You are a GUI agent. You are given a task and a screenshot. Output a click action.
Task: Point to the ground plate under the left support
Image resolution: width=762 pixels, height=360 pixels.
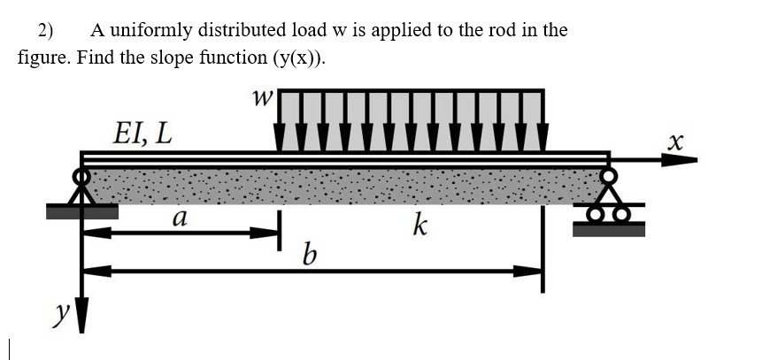[x=81, y=211]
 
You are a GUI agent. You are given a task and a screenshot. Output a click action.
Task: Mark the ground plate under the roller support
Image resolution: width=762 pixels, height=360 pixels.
[x=609, y=228]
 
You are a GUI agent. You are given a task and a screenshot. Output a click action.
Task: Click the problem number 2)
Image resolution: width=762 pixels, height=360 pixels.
[x=45, y=30]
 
